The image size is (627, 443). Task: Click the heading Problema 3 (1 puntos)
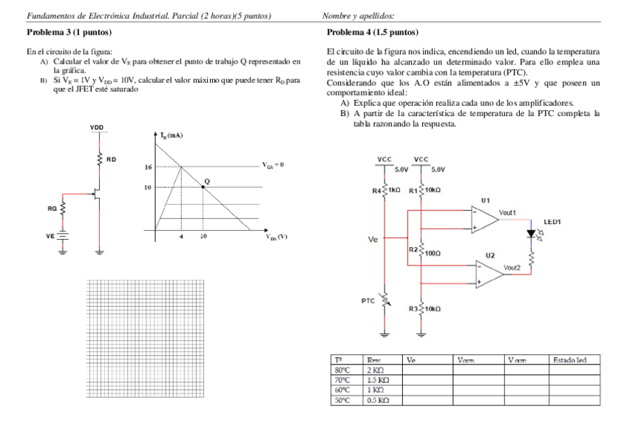(62, 33)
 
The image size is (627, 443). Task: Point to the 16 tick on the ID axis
(148, 168)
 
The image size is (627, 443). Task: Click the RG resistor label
(52, 209)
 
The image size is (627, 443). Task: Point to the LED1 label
(554, 221)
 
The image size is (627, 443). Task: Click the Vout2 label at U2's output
(512, 267)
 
